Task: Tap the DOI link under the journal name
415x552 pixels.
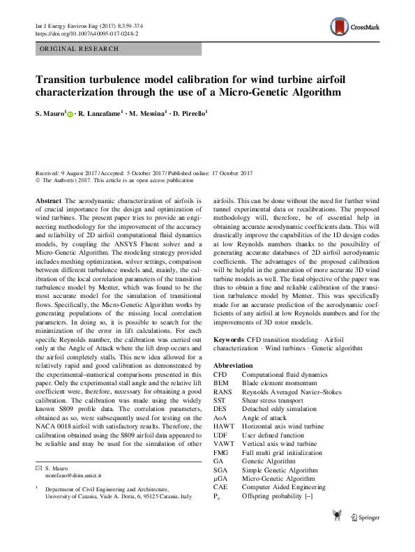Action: pos(86,33)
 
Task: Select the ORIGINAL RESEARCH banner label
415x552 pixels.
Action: pos(79,50)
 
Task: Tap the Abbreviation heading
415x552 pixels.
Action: pos(233,366)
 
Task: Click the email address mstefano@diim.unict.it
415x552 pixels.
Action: pos(74,475)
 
